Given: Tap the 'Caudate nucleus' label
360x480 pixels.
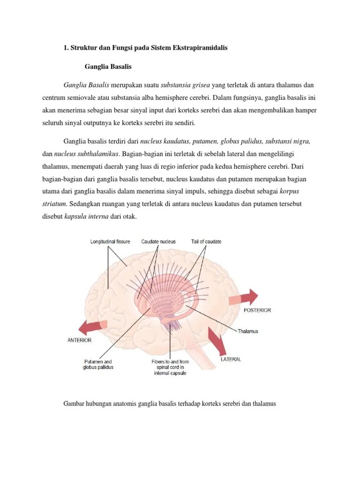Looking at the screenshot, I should pyautogui.click(x=158, y=241).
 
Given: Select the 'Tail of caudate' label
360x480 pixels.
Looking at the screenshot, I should pyautogui.click(x=206, y=241).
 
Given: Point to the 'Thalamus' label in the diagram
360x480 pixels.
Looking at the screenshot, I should pyautogui.click(x=248, y=331).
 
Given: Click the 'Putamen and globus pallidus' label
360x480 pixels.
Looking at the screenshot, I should pyautogui.click(x=98, y=364).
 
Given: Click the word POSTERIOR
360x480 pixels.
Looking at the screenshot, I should pyautogui.click(x=256, y=310).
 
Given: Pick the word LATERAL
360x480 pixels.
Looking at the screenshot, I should pyautogui.click(x=231, y=360).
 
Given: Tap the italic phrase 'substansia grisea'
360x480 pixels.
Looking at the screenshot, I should pyautogui.click(x=186, y=85).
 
